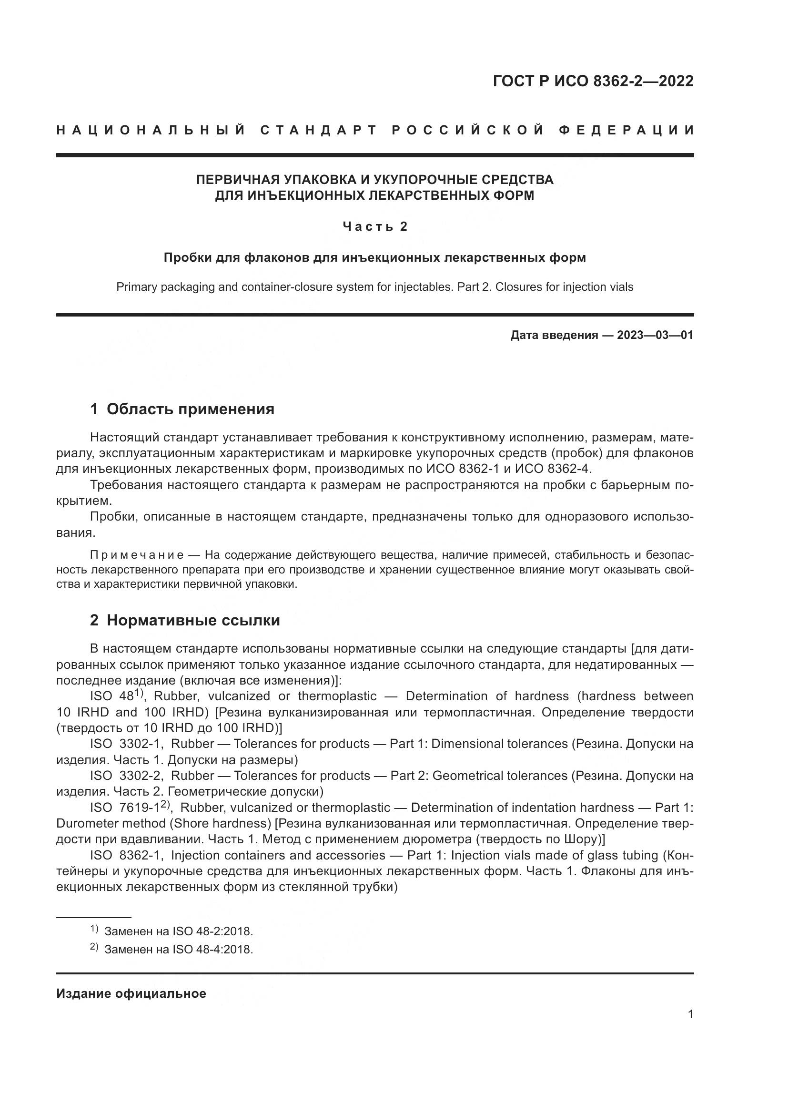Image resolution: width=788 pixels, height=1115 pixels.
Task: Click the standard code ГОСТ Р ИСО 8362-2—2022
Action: coord(593,81)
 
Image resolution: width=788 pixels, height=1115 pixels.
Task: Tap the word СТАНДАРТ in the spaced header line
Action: coord(319,130)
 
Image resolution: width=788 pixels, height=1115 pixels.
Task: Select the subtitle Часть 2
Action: coord(375,226)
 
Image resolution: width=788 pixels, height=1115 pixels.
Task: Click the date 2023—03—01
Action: coord(655,335)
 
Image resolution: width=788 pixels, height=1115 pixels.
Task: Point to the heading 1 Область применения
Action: coord(182,409)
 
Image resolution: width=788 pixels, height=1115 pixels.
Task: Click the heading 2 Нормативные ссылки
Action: coord(185,620)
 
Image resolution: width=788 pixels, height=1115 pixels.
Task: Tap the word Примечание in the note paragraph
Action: coord(137,554)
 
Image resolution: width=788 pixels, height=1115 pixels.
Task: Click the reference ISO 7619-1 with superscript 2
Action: coord(129,808)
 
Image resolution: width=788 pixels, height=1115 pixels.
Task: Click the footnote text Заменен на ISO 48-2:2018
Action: coord(179,931)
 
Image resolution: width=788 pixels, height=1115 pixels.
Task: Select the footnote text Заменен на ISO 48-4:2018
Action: coord(179,949)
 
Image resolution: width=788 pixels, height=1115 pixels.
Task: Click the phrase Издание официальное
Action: coord(131,993)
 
